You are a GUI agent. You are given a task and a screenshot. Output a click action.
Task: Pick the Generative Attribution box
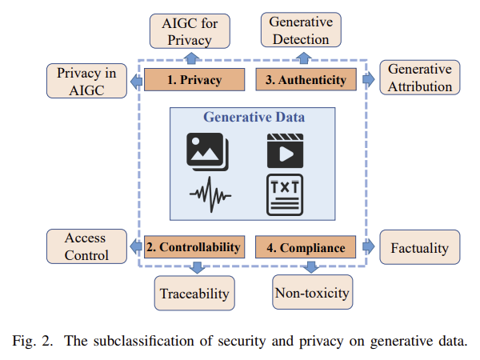[420, 78]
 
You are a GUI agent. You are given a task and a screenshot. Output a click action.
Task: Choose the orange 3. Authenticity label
[305, 80]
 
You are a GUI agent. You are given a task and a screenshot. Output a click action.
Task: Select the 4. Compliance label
[305, 247]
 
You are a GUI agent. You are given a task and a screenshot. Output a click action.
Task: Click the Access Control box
[86, 246]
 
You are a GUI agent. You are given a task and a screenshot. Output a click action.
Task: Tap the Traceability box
[194, 294]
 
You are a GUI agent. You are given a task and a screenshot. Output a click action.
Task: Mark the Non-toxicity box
[312, 293]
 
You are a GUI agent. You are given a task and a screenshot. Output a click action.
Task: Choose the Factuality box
[420, 248]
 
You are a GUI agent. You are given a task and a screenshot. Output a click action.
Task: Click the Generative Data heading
[254, 118]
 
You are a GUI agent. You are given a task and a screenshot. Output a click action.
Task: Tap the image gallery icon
[207, 150]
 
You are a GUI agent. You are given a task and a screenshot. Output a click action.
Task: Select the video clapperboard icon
[285, 150]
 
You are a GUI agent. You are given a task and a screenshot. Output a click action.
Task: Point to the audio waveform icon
[210, 194]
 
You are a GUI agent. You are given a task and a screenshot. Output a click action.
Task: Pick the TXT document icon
[285, 194]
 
